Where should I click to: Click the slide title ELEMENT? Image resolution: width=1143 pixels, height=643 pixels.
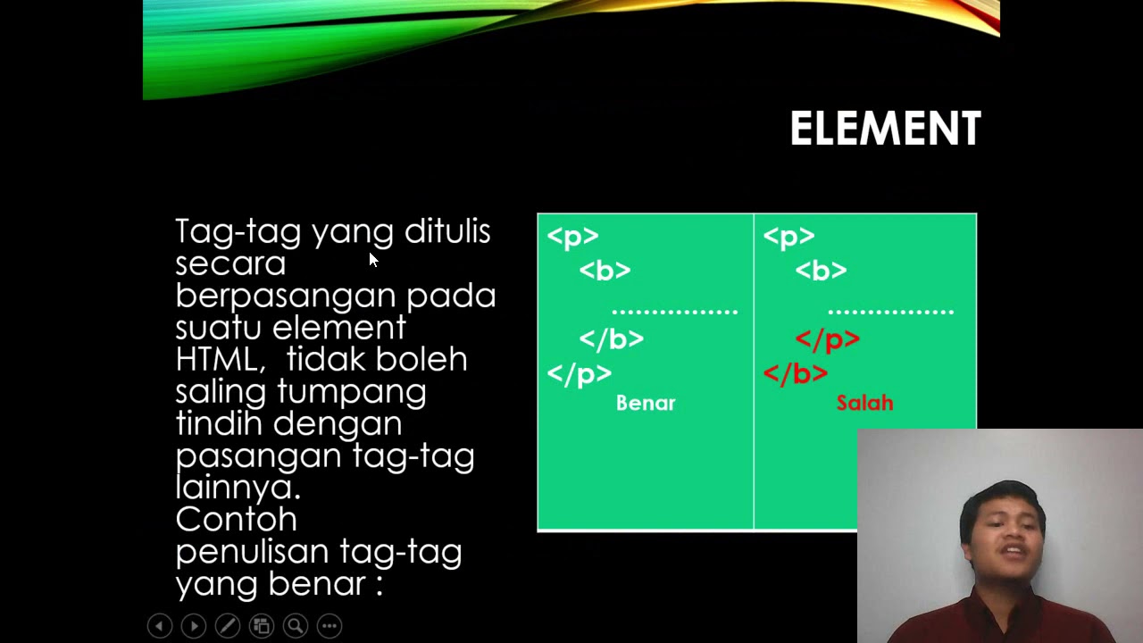coord(885,129)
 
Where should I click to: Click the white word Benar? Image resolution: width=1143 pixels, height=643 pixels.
coord(646,403)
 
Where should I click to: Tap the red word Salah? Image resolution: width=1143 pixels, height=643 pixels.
coord(864,403)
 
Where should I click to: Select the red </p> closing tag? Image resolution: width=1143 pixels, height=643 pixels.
coord(827,339)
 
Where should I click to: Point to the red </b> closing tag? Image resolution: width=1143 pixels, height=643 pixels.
coord(795,373)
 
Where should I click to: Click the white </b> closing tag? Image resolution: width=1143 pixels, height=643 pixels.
coord(611,339)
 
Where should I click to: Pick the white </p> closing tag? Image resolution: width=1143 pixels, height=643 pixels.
coord(579,373)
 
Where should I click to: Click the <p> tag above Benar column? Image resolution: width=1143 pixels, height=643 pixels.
coord(572,237)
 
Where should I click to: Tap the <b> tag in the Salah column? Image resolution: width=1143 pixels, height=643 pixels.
coord(821,271)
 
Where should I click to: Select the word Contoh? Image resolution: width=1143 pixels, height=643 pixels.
coord(236,519)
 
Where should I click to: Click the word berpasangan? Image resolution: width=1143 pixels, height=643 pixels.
coord(285,296)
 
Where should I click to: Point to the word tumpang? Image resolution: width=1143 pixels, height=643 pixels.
coord(351,391)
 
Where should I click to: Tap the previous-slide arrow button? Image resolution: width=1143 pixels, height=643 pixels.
coord(159,626)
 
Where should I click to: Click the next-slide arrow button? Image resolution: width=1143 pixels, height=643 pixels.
coord(193,626)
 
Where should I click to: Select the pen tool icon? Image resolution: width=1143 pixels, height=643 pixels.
coord(227,626)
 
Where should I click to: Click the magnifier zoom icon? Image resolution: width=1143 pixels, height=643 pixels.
coord(295,626)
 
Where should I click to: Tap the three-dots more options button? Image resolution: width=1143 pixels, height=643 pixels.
coord(329,626)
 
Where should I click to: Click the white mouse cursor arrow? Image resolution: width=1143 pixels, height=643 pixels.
coord(372,259)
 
